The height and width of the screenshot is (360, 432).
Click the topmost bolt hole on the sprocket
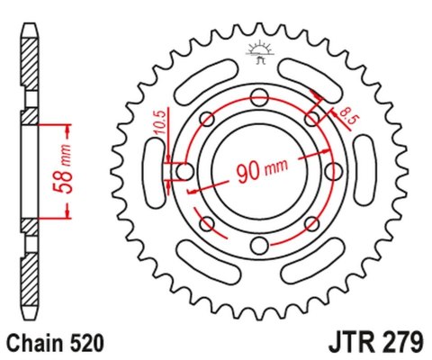259,95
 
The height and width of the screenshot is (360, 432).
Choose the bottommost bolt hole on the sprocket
259,246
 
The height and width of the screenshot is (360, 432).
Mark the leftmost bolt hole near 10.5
184,171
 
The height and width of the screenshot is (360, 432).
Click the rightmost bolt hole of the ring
334,171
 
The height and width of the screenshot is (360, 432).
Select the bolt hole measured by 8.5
312,118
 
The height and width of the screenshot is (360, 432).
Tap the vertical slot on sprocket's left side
151,172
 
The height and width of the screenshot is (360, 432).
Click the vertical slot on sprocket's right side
368,172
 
